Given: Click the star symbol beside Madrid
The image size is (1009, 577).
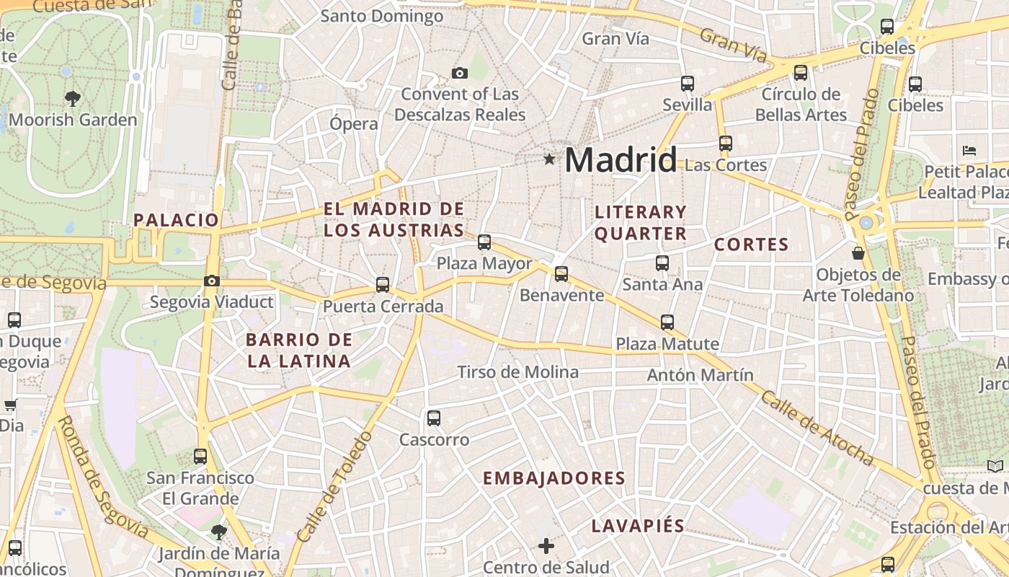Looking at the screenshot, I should [x=550, y=159].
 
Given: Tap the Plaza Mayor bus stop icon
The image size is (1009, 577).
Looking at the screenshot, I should [x=484, y=242].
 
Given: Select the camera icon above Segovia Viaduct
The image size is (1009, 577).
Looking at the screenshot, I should [x=211, y=281].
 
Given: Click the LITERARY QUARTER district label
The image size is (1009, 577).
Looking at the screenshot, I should [x=640, y=222].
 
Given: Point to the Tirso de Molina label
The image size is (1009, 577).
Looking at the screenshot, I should [x=517, y=372].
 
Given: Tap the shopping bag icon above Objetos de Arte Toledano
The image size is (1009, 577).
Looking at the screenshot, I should [x=858, y=253].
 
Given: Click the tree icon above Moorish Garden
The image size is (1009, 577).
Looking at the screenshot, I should [x=72, y=98].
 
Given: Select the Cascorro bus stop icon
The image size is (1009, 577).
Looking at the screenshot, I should [x=434, y=418].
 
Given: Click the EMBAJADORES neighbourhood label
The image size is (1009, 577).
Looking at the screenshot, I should [x=554, y=478].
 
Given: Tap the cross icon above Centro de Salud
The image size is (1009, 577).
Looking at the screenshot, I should [x=546, y=545].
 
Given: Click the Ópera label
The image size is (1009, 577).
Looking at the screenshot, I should [x=353, y=123].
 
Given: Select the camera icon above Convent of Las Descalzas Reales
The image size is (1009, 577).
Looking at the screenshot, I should [x=460, y=73].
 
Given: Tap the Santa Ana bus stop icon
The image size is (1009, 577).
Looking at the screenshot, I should [x=662, y=263].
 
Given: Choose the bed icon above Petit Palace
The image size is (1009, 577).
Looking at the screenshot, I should [x=969, y=151].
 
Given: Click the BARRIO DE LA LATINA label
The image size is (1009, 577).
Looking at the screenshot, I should [x=298, y=351].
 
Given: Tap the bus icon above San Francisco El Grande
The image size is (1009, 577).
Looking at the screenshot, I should [x=200, y=456].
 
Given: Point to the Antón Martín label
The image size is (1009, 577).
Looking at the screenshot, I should [x=700, y=375].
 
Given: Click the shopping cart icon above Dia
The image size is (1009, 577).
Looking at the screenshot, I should [x=10, y=405].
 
